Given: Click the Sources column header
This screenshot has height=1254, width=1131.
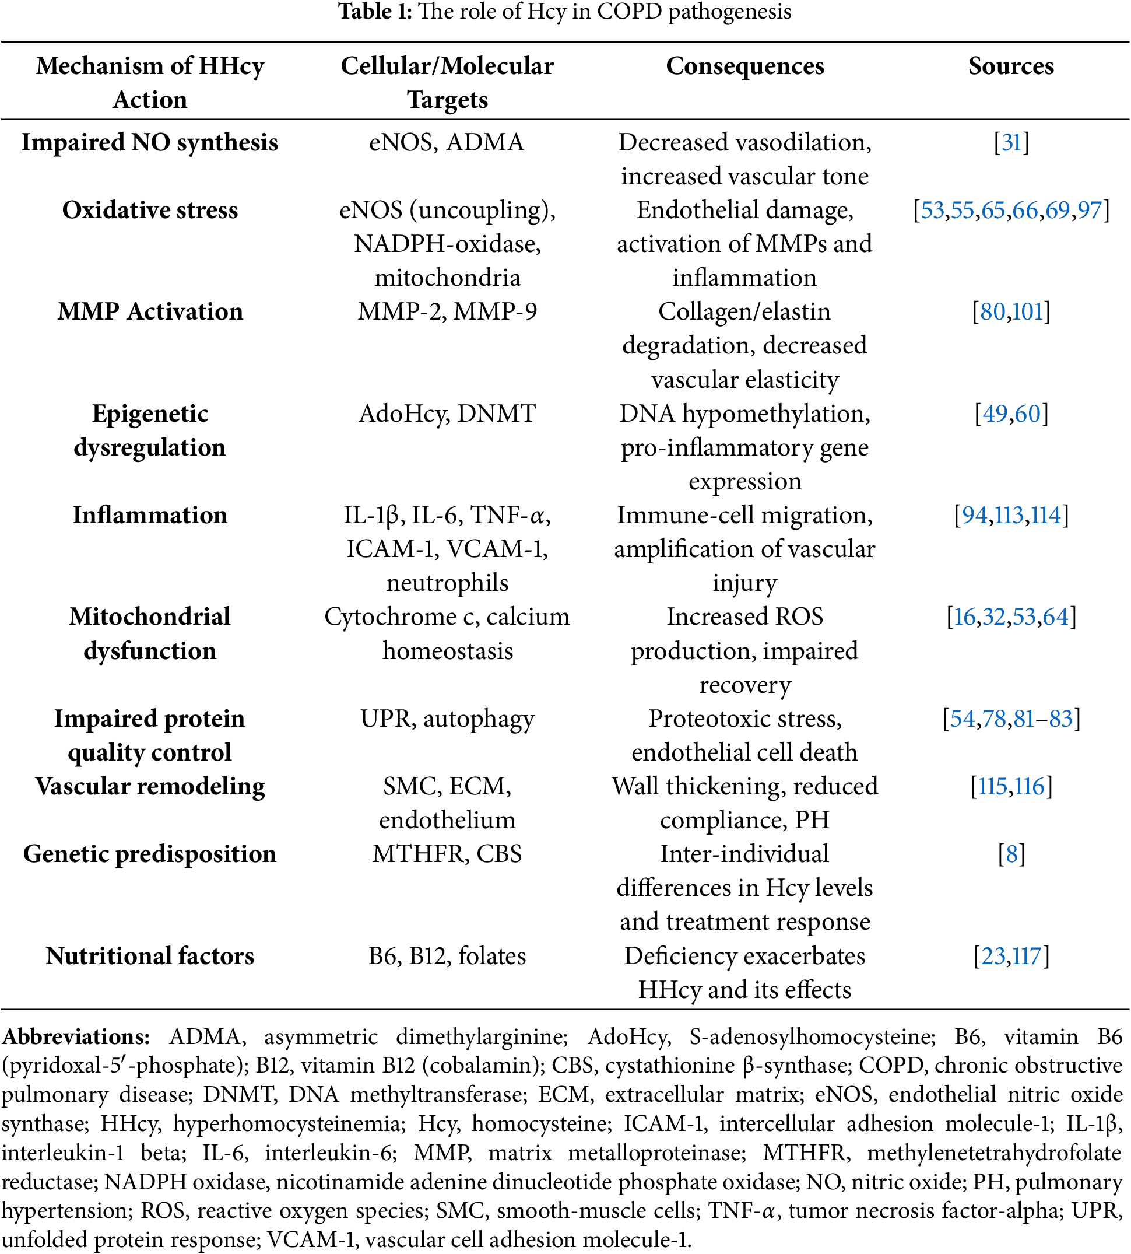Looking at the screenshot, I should [1010, 66].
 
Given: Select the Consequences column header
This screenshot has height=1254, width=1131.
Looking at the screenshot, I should [744, 66].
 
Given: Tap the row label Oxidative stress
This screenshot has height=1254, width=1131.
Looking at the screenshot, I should [150, 210].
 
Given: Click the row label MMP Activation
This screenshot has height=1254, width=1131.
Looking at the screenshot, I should [150, 311].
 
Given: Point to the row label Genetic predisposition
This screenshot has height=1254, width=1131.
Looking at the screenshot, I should [150, 854].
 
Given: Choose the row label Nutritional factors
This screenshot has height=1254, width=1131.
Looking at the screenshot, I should [150, 956].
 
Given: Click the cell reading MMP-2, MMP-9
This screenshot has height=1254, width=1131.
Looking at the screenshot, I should [447, 311].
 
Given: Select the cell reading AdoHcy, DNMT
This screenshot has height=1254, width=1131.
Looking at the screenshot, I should [447, 414].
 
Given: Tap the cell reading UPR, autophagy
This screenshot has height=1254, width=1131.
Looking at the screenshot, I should [447, 719].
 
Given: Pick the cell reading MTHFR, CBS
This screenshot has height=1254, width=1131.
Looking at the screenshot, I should [447, 854].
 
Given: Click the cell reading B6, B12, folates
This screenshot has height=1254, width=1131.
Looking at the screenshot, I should [447, 956].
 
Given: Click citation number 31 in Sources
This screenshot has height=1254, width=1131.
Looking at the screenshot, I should [1011, 142].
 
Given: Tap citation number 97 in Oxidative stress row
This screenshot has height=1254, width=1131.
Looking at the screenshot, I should [1090, 210].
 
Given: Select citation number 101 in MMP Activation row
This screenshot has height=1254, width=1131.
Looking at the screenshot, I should [1027, 311].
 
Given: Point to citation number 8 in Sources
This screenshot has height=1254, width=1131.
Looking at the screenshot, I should [1011, 854].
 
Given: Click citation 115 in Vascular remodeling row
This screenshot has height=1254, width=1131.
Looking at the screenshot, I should [992, 786].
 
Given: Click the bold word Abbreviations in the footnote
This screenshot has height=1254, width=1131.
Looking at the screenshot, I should [76, 1037].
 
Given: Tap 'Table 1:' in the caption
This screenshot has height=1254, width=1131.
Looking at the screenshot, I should [375, 12].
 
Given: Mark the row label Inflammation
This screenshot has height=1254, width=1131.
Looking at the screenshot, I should [150, 516].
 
